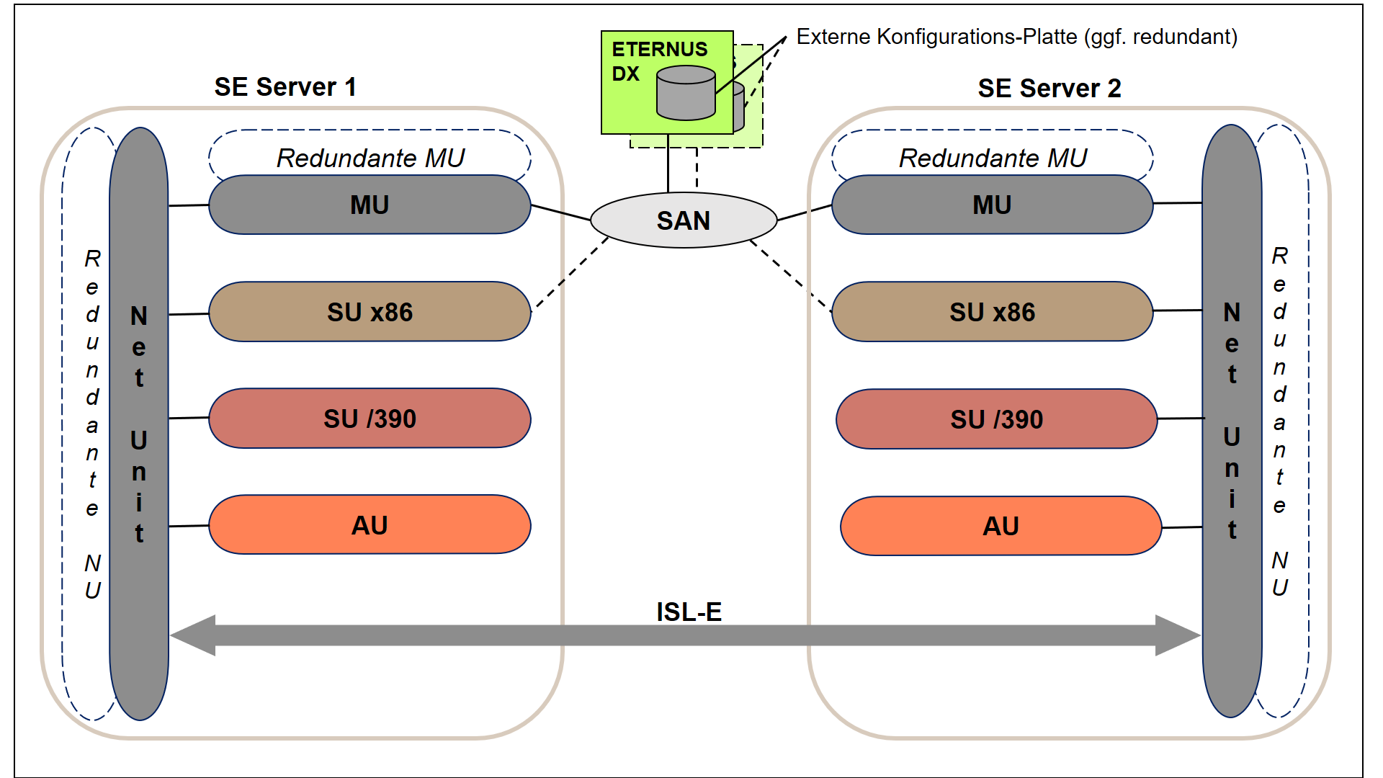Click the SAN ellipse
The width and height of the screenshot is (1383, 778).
[x=684, y=220]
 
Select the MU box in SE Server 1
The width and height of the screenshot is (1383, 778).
[x=370, y=205]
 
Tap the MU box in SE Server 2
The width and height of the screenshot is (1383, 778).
[x=993, y=205]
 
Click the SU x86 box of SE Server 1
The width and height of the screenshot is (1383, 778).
[x=370, y=311]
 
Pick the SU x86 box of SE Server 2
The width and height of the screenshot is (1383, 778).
[x=993, y=311]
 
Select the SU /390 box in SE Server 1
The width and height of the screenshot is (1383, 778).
[x=370, y=419]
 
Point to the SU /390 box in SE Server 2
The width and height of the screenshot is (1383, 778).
[x=997, y=419]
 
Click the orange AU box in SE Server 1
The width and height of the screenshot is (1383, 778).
[x=370, y=524]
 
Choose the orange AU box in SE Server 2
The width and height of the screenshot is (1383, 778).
[x=1001, y=526]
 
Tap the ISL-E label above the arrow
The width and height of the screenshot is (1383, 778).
[x=689, y=612]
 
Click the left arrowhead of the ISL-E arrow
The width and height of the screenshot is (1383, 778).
[x=193, y=635]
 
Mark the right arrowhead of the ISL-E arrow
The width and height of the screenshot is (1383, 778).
[x=1178, y=635]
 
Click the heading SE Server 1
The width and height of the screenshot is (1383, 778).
[x=285, y=87]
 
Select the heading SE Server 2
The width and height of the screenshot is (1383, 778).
[x=1049, y=89]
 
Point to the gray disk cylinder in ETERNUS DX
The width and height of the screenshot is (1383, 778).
[x=686, y=93]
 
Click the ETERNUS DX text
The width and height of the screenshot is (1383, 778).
[x=659, y=61]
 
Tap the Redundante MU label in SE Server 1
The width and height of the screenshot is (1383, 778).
[x=370, y=158]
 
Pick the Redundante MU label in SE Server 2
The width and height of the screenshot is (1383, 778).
[x=993, y=158]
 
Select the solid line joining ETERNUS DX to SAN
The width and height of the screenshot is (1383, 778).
[x=668, y=164]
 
